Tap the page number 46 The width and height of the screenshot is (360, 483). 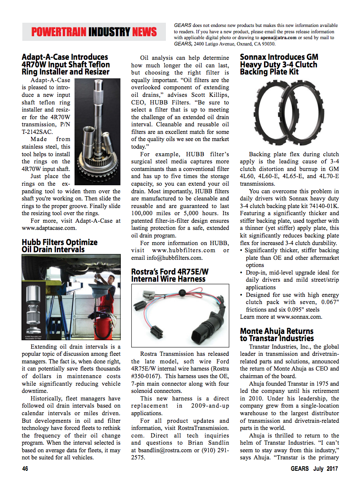coord(25,469)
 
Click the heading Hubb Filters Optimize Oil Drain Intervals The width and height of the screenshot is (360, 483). coord(59,246)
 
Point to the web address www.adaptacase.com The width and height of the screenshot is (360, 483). coord(49,228)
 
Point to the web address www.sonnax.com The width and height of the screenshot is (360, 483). coord(299,317)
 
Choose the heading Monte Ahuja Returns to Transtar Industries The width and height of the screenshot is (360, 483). coord(277,335)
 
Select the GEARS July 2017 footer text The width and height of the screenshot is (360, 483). coord(314,469)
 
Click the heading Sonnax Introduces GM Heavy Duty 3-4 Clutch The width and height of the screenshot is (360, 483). coord(279,64)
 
